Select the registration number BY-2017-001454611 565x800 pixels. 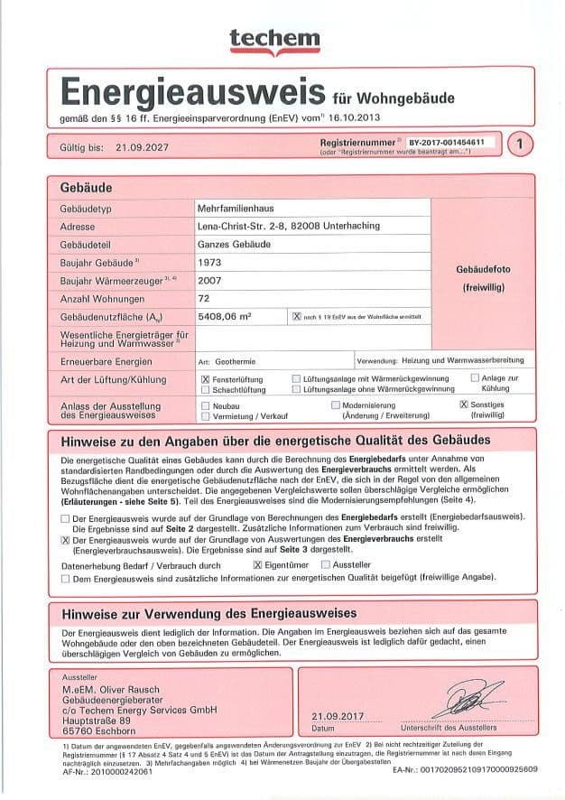pyautogui.click(x=446, y=143)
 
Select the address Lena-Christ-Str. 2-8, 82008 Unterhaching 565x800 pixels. pyautogui.click(x=288, y=226)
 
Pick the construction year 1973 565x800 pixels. pyautogui.click(x=208, y=262)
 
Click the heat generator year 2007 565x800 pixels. pyautogui.click(x=208, y=280)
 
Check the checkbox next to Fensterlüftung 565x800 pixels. pyautogui.click(x=206, y=379)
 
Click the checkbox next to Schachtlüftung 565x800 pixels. pyautogui.click(x=206, y=390)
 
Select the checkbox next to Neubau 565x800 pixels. pyautogui.click(x=206, y=406)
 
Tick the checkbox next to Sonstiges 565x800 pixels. pyautogui.click(x=464, y=405)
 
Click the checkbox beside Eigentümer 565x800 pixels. pyautogui.click(x=257, y=563)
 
